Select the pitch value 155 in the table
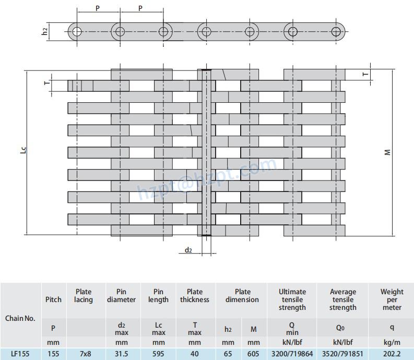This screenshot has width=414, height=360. (53, 353)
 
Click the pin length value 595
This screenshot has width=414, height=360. (158, 353)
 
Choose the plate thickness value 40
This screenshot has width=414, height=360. (195, 353)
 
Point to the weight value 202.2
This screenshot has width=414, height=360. (392, 353)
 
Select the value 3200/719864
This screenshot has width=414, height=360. (292, 353)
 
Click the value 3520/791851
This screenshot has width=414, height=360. (343, 353)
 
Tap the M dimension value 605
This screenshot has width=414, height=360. (254, 353)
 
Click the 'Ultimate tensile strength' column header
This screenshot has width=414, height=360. (292, 299)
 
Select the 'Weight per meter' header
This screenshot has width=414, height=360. (392, 299)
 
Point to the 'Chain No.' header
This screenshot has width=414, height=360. (20, 318)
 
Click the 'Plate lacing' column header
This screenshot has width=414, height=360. (84, 296)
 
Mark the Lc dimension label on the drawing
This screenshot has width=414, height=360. (25, 151)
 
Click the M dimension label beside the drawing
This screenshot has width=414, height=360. (387, 152)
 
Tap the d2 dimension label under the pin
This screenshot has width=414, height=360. (188, 250)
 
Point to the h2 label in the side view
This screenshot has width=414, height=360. (46, 31)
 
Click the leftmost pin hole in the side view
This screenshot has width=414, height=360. (77, 31)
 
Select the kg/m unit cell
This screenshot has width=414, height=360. (392, 342)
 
